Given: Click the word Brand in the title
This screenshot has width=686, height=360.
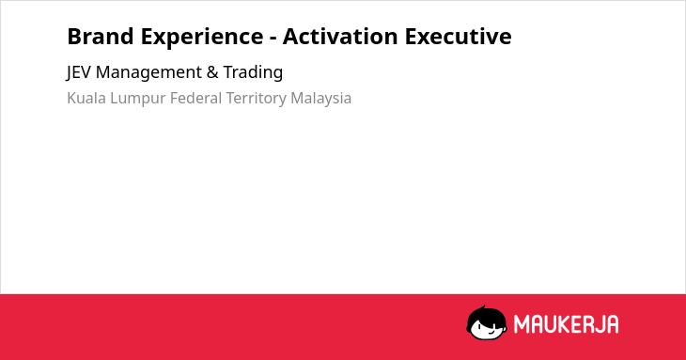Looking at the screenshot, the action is coord(101,36).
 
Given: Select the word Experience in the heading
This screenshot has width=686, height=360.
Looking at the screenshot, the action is coord(202,38).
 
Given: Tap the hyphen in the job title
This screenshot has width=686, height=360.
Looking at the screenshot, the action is coord(273,39).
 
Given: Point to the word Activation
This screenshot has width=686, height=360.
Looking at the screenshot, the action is coord(340,36).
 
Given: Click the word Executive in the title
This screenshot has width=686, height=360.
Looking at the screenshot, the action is coord(458,36).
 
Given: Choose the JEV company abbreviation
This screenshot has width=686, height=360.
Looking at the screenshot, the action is coord(79,72).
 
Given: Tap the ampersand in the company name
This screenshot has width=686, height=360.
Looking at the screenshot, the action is coord(212,72).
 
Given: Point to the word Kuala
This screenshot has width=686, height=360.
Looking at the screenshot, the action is coord(86,98).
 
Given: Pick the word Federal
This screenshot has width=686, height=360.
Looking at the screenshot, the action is coord(196,98).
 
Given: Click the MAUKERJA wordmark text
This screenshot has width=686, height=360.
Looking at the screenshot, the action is coord(566,324).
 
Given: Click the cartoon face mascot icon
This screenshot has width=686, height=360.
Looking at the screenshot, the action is coord(487,322).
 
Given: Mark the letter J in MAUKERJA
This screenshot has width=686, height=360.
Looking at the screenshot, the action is coord(598,324).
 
